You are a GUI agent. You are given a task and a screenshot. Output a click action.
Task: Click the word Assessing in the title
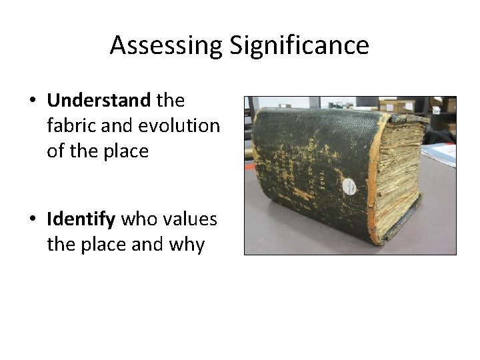click(x=167, y=45)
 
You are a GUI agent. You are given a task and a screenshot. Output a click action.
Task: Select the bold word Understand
click(x=99, y=101)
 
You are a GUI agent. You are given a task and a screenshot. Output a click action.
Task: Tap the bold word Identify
click(x=80, y=219)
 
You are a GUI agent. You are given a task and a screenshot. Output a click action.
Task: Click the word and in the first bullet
click(x=116, y=126)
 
